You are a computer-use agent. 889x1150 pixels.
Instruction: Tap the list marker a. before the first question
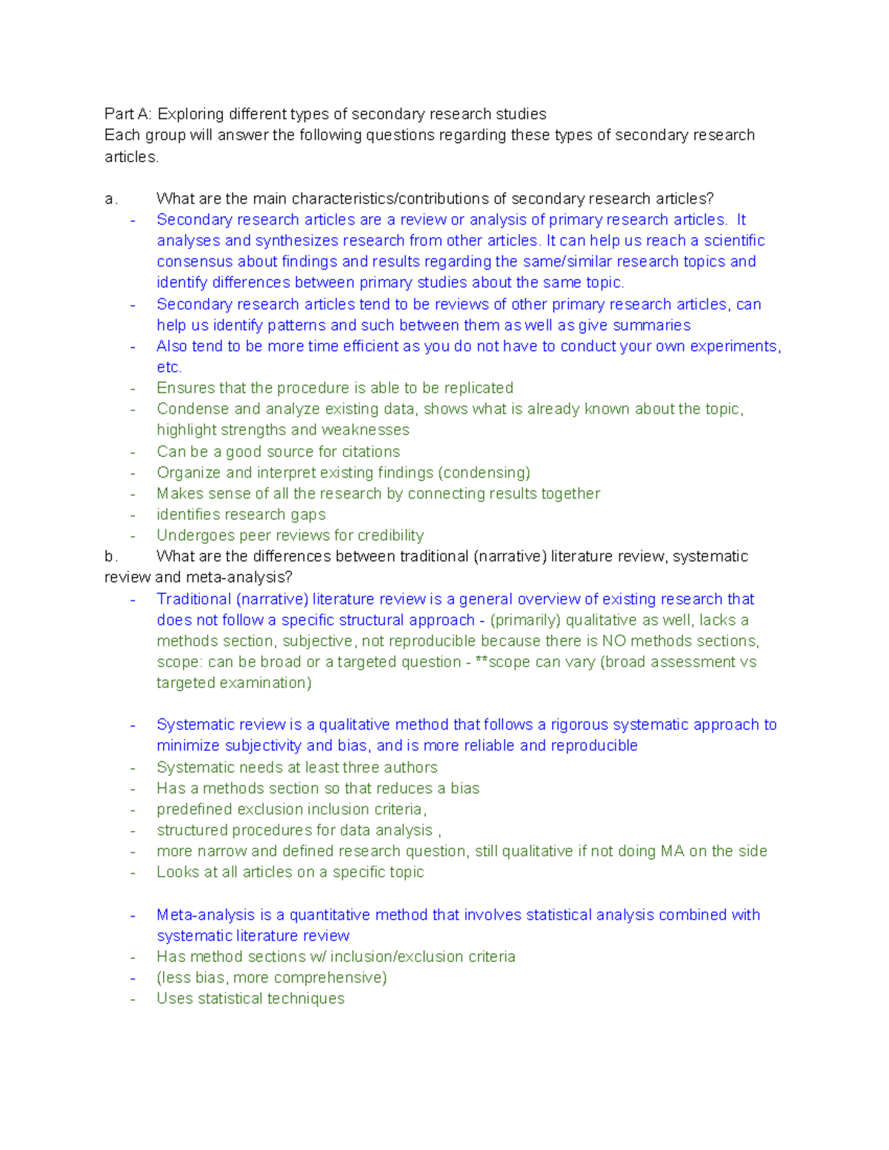(111, 198)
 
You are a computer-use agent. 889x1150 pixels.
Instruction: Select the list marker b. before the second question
(111, 556)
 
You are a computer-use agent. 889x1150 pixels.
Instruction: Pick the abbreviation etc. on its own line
(169, 367)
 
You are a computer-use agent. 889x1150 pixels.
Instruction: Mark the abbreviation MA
(672, 852)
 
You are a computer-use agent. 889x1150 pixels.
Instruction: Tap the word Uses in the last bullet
(173, 999)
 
